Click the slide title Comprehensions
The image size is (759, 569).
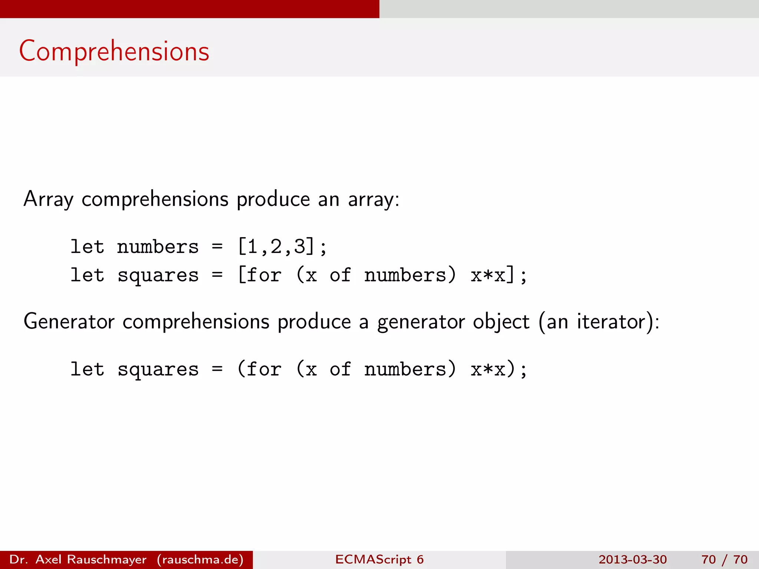(114, 51)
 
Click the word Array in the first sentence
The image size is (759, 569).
(48, 199)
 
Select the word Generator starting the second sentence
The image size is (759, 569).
(69, 321)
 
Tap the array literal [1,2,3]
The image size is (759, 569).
(276, 246)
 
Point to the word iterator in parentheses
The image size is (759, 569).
(611, 321)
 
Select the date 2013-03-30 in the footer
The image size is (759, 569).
(633, 559)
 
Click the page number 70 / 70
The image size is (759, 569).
(724, 559)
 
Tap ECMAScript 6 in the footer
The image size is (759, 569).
(379, 559)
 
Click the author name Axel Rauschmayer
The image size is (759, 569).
(91, 559)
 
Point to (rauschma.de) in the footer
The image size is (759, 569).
(200, 559)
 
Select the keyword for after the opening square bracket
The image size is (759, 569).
(264, 275)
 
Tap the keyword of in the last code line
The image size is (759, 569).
(340, 369)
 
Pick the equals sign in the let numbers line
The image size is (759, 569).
(217, 246)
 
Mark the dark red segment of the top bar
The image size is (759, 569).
(189, 9)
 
